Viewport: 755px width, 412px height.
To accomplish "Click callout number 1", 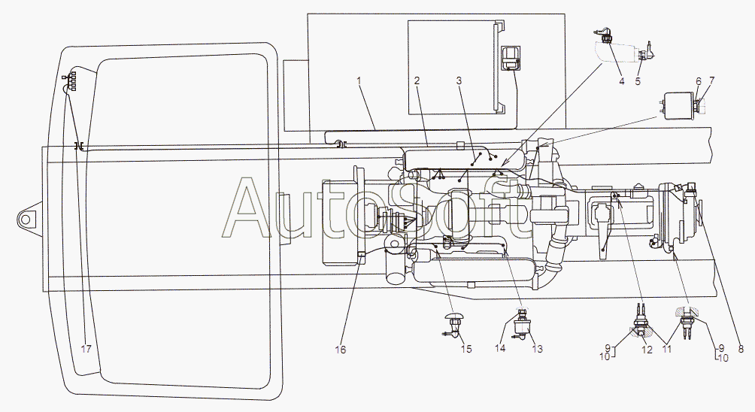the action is click(x=359, y=80).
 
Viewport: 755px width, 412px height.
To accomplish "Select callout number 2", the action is click(x=415, y=80).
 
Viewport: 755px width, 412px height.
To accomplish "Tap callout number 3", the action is click(x=459, y=80).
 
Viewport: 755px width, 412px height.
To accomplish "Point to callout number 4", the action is click(x=622, y=81).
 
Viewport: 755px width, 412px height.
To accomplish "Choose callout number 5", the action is click(x=638, y=81).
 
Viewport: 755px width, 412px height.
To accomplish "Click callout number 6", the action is click(x=698, y=80).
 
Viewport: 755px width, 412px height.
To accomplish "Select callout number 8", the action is click(x=741, y=348).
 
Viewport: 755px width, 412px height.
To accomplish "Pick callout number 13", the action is click(x=536, y=348).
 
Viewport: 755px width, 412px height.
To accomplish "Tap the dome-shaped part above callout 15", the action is click(x=456, y=317).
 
